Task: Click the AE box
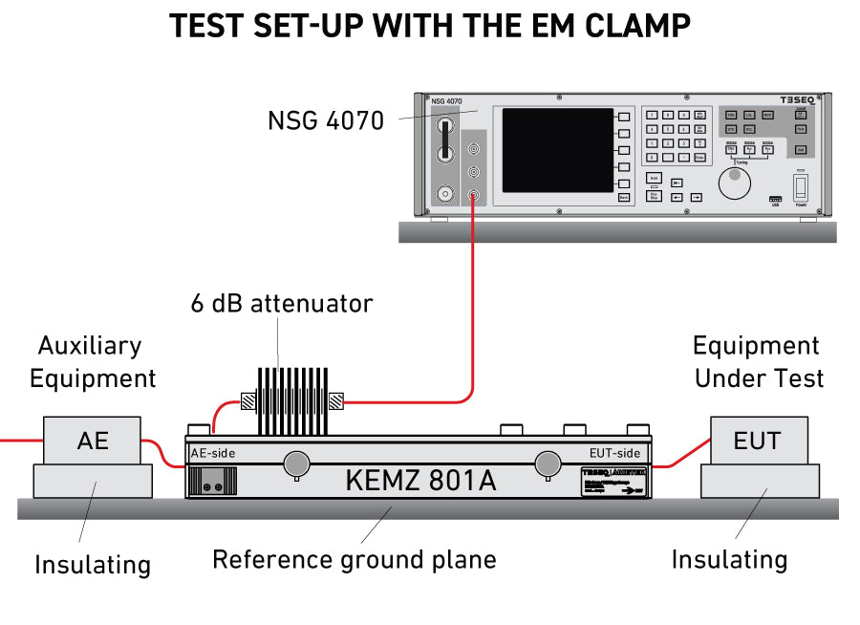pyautogui.click(x=93, y=441)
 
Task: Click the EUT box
pyautogui.click(x=758, y=441)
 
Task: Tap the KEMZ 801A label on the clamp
pyautogui.click(x=420, y=480)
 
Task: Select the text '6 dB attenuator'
pyautogui.click(x=281, y=304)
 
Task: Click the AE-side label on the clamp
pyautogui.click(x=212, y=453)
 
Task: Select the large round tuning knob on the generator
pyautogui.click(x=734, y=183)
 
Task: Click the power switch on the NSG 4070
pyautogui.click(x=802, y=184)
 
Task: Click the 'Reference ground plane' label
pyautogui.click(x=355, y=559)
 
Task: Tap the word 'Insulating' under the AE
pyautogui.click(x=93, y=565)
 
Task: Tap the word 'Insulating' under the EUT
pyautogui.click(x=729, y=559)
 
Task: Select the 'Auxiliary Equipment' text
pyautogui.click(x=93, y=361)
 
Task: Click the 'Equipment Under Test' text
pyautogui.click(x=758, y=361)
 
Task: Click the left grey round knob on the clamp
pyautogui.click(x=297, y=463)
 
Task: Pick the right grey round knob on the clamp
pyautogui.click(x=548, y=463)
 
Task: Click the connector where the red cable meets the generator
pyautogui.click(x=473, y=196)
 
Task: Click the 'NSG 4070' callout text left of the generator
pyautogui.click(x=326, y=121)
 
